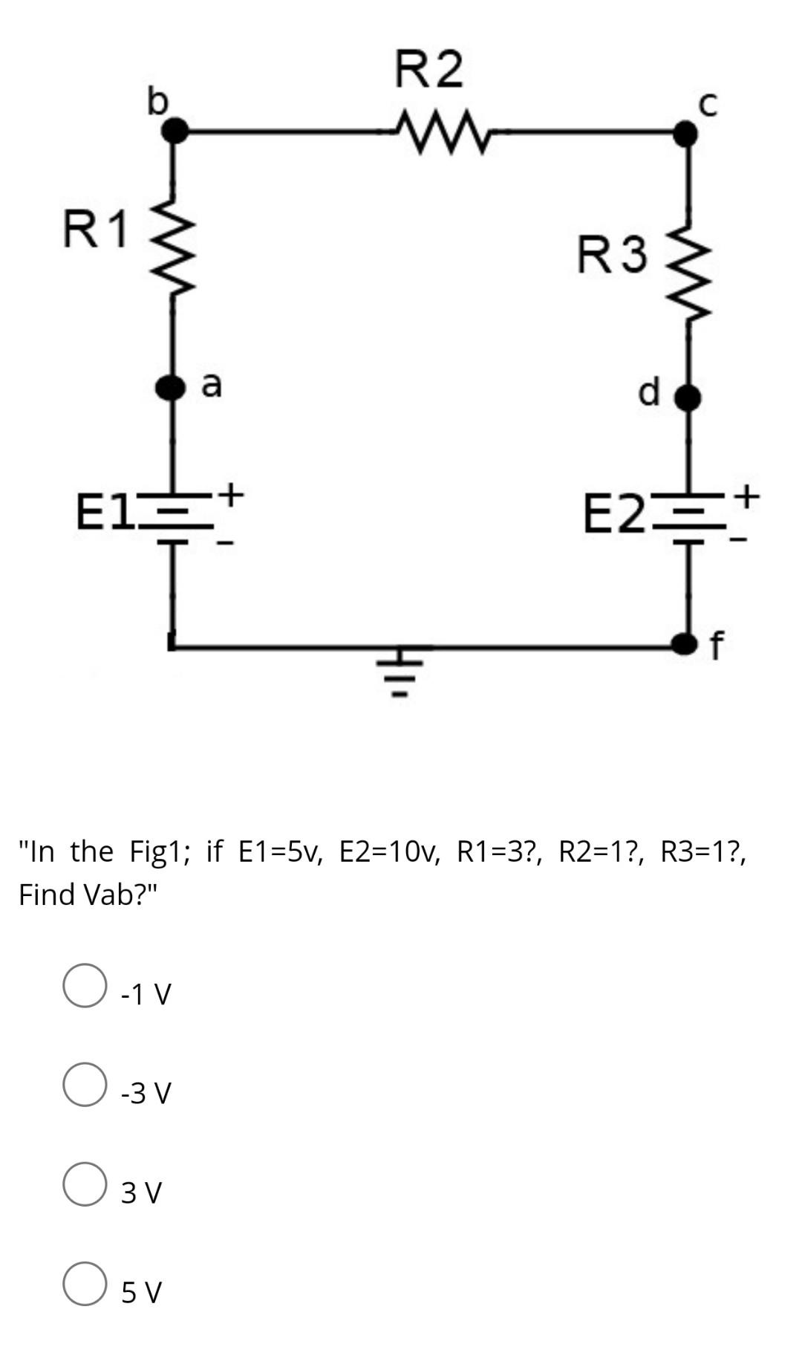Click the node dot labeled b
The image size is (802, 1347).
click(175, 132)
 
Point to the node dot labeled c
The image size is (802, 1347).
click(685, 134)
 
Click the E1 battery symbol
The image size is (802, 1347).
click(176, 513)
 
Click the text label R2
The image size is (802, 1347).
click(428, 69)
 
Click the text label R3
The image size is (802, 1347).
click(613, 255)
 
